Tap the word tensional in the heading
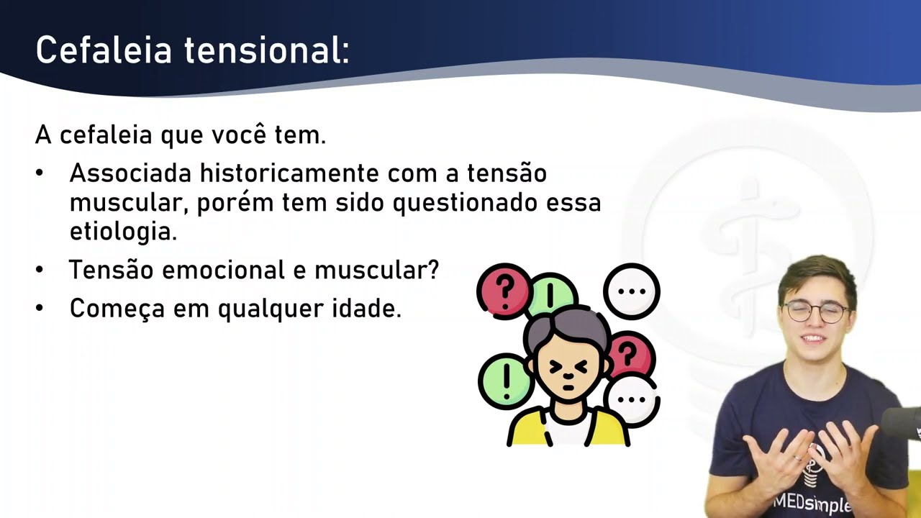pyautogui.click(x=266, y=51)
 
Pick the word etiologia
pyautogui.click(x=123, y=232)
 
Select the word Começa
pyautogui.click(x=118, y=309)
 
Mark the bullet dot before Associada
pyautogui.click(x=40, y=173)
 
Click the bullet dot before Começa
pyautogui.click(x=40, y=309)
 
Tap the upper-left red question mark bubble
pyautogui.click(x=503, y=290)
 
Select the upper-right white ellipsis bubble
pyautogui.click(x=631, y=291)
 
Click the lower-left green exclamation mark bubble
pyautogui.click(x=505, y=381)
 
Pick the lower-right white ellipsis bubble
pyautogui.click(x=631, y=400)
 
